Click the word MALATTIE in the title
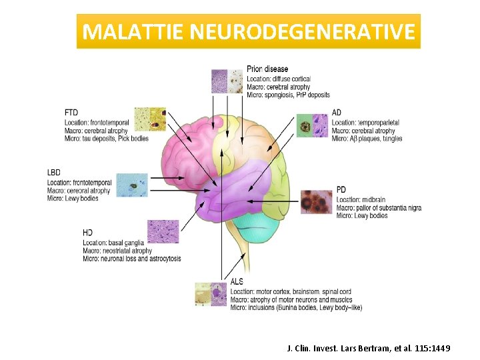pos(128,31)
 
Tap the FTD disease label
pos(71,113)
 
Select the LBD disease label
pos(54,173)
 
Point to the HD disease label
pos(87,232)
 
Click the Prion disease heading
pos(267,69)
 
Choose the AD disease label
pos(337,113)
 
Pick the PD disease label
pos(341,190)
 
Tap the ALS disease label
pos(237,282)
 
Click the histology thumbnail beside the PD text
pos(316,201)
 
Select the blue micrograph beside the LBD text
pos(132,185)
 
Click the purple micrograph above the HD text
pos(163,231)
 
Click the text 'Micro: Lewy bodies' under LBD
pos(73,199)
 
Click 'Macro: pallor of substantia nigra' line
pos(379,208)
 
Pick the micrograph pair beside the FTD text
pos(150,118)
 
